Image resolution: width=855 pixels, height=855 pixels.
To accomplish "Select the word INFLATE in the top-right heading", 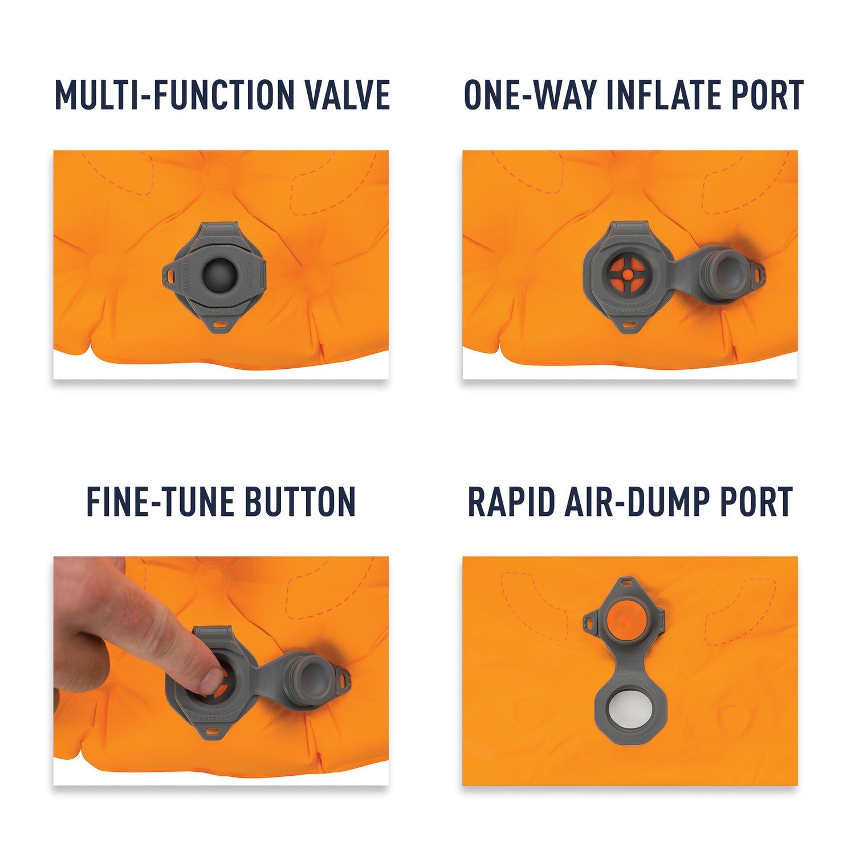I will click(656, 95).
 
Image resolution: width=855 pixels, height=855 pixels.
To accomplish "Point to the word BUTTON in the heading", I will click(300, 502).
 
